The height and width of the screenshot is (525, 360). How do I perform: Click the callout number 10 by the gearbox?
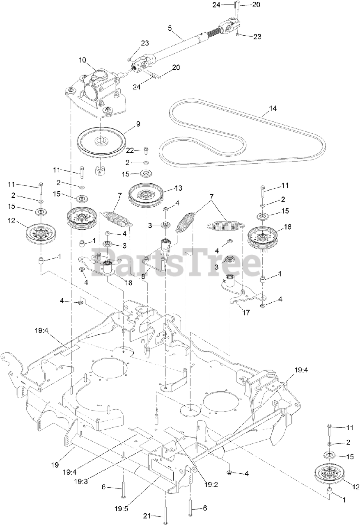coord(83,60)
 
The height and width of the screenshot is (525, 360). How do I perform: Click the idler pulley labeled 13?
coord(146,196)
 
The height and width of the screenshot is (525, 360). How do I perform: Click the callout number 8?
coord(143,276)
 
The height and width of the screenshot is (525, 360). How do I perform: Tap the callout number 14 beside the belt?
coord(273,109)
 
